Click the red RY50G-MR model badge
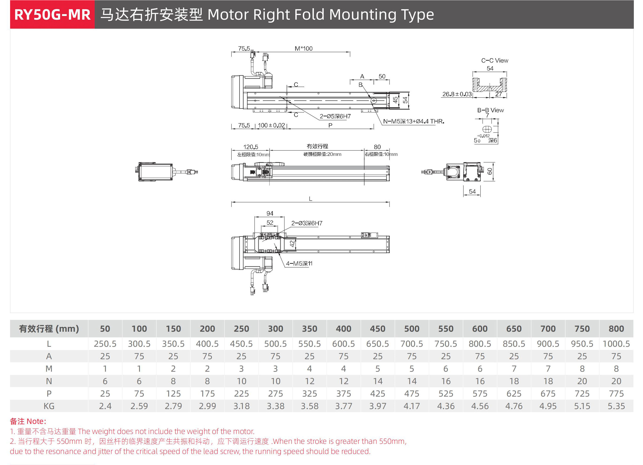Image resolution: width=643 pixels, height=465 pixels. pos(52,15)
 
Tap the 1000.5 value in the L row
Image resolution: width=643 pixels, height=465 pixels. pos(616,344)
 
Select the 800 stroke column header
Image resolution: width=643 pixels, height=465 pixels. pos(616,329)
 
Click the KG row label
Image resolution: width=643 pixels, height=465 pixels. pos(49,406)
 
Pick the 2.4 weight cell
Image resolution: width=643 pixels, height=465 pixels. pos(105,406)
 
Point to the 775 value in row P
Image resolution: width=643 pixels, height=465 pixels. pos(616,394)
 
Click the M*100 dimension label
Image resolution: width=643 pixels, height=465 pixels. pos(303,48)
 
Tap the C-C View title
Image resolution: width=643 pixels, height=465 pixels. pos(495,60)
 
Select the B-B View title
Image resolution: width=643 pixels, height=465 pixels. pos(490,110)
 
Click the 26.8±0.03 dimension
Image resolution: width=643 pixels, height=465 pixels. pos(457,94)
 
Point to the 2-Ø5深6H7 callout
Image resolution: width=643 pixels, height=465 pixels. pos(335,116)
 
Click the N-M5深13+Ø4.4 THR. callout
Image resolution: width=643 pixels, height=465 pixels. pos(413,122)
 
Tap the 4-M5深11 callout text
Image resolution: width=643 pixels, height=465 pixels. pos(299,264)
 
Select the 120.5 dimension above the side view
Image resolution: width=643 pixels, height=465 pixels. pos(251,147)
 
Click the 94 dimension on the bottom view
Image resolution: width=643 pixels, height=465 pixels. pos(270,213)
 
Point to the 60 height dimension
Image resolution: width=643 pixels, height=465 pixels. pos(490,171)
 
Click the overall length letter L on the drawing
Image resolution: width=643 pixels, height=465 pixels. pos(310,199)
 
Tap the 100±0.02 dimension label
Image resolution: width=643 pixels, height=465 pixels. pos(271,125)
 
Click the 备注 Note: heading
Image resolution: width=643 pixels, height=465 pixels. pos(28,421)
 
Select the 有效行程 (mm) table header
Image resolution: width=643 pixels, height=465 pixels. pos(49,329)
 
